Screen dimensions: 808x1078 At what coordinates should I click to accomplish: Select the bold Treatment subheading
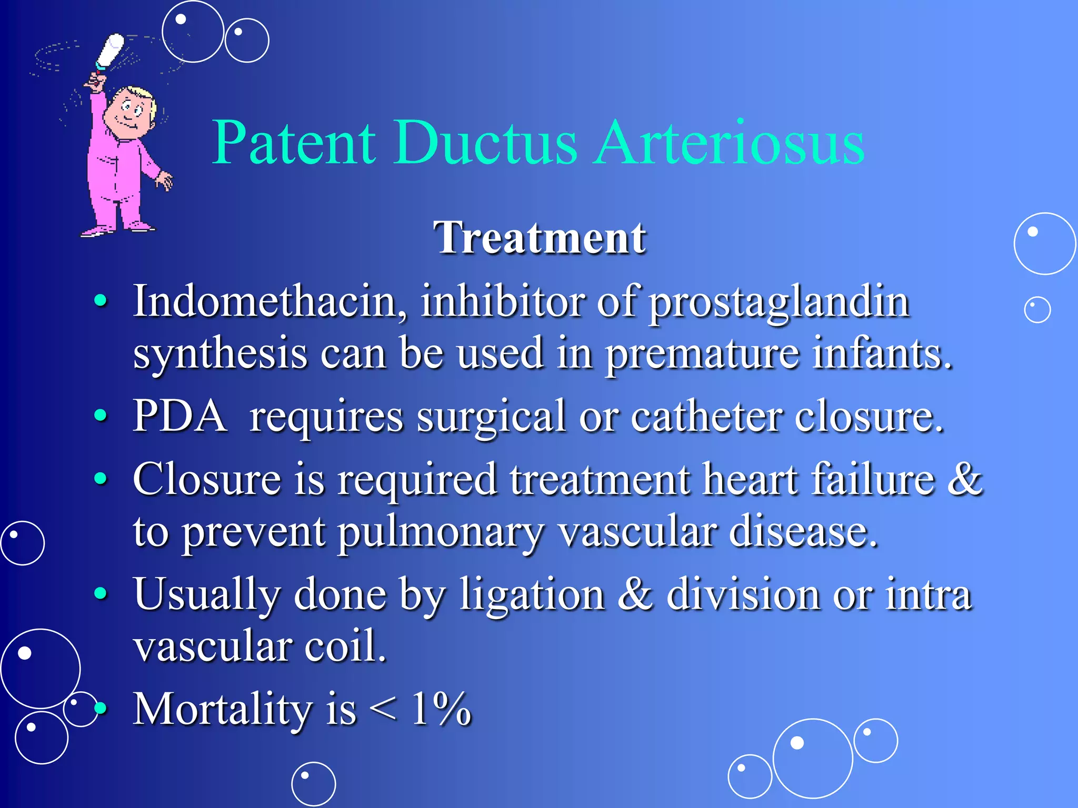pyautogui.click(x=540, y=238)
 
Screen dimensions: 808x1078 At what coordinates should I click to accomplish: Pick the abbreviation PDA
pyautogui.click(x=179, y=416)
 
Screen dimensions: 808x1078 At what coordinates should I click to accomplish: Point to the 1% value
pyautogui.click(x=441, y=709)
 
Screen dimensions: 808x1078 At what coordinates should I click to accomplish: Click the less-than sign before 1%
pyautogui.click(x=383, y=710)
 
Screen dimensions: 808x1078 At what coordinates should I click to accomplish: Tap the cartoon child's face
pyautogui.click(x=129, y=113)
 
